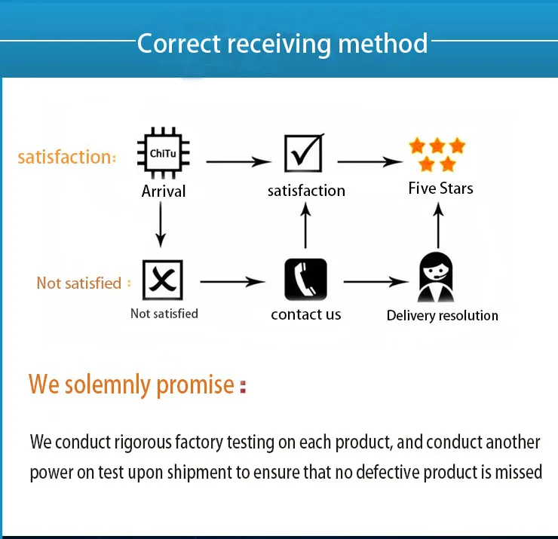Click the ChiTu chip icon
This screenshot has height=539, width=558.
point(163,154)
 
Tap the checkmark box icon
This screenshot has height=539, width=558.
point(304,154)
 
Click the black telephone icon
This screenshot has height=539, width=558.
point(305,280)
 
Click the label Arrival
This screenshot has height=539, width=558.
point(164,191)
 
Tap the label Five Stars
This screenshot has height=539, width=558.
point(440,188)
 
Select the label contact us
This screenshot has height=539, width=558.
point(306,314)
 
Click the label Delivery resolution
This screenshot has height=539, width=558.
point(442,315)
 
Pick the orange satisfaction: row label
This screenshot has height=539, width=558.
point(67,157)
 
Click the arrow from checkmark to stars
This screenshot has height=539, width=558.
point(369,161)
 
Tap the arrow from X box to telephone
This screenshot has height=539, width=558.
point(233,281)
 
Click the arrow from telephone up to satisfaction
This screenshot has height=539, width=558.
point(305,227)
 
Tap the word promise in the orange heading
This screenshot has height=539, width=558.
point(195,384)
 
